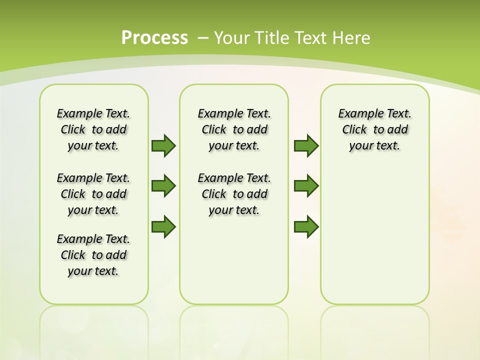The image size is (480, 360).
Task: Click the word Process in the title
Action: [x=154, y=37]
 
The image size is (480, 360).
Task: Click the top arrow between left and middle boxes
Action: [x=163, y=145]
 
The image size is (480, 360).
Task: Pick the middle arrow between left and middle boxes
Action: [x=163, y=186]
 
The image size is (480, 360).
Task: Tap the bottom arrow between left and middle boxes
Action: [x=163, y=226]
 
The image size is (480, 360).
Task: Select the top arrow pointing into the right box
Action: [x=306, y=145]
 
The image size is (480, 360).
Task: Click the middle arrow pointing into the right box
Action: [x=306, y=186]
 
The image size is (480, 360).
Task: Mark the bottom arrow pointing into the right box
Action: [x=306, y=226]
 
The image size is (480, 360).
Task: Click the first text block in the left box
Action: [x=93, y=129]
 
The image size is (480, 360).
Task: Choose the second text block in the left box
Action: [x=93, y=194]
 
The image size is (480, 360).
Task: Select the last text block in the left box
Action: [x=93, y=255]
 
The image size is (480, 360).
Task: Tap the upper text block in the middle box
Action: [x=234, y=129]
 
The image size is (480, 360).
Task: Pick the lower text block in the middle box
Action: [x=234, y=194]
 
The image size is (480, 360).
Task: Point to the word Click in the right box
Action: [x=354, y=129]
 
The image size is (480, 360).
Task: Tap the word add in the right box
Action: [x=398, y=129]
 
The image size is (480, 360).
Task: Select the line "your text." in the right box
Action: [x=374, y=145]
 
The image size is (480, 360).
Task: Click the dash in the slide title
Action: [x=203, y=37]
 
